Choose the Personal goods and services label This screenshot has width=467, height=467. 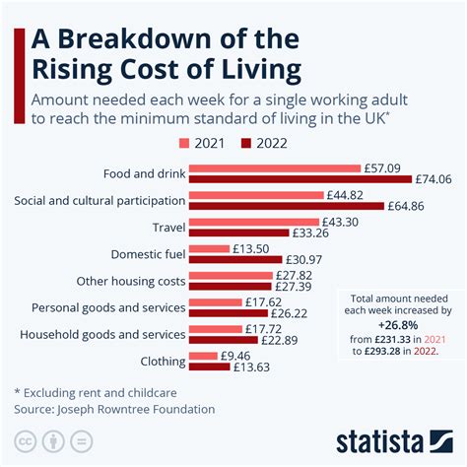tap(108, 307)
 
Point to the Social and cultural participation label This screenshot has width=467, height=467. tap(100, 200)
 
